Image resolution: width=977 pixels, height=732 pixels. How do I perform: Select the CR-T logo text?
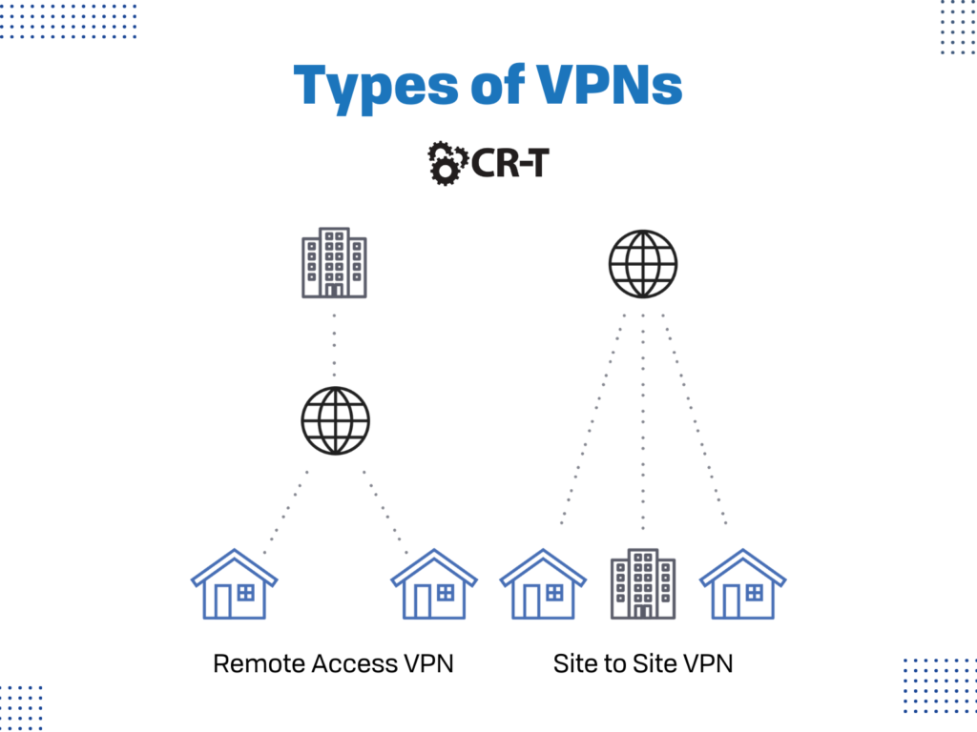(x=510, y=163)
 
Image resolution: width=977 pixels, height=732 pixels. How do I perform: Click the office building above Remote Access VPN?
(x=334, y=262)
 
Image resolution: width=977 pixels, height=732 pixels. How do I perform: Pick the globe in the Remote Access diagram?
(x=335, y=420)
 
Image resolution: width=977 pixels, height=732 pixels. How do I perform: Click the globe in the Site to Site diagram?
(x=643, y=261)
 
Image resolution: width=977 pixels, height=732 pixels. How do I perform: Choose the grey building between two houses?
(x=643, y=583)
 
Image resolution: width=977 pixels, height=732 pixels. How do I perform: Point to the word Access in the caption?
(x=354, y=663)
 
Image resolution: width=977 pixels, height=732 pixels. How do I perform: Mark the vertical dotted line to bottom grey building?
(x=643, y=429)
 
